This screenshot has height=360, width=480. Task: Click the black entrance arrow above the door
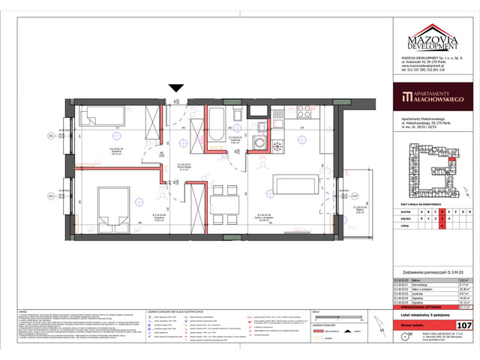[175, 88]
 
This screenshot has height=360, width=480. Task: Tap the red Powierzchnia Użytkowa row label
[412, 306]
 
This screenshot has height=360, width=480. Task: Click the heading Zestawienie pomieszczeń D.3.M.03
[428, 271]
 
